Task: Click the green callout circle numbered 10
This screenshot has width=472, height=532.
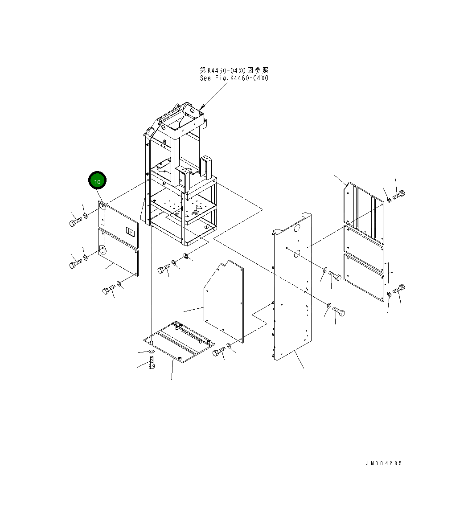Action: [97, 181]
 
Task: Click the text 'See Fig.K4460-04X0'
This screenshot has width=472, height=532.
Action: [234, 78]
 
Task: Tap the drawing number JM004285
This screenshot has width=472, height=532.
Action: [384, 463]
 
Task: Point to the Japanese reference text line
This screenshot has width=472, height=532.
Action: [234, 70]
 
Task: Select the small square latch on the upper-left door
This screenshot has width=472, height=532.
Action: [131, 232]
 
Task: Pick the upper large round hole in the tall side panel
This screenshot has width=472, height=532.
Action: [296, 228]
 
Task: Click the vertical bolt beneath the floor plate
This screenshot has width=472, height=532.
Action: [152, 363]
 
